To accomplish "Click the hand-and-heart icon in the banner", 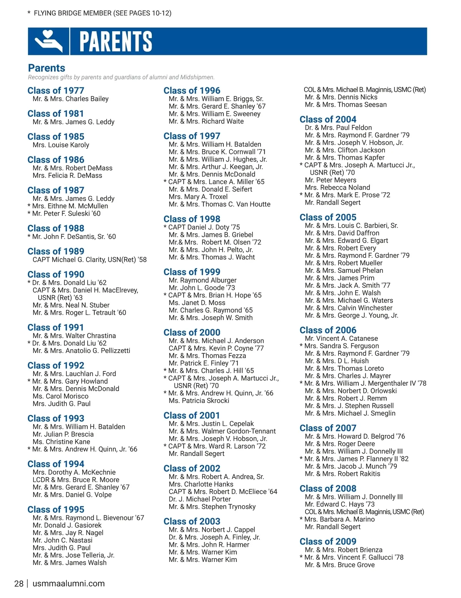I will tap(48, 41).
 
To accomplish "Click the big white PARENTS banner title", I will tap(116, 41).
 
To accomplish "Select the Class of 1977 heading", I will tap(56, 91).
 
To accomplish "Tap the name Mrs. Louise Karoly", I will tap(61, 145).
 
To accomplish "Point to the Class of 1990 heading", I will tap(56, 274).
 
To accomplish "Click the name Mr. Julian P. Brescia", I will tap(63, 434).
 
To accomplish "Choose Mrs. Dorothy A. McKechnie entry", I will tap(74, 472).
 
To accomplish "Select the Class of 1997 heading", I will tap(192, 136).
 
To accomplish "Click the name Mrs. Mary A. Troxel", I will tap(198, 197).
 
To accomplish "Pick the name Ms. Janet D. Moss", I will tap(197, 302).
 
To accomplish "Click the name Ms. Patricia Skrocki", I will tap(199, 400).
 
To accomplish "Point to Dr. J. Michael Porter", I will tap(199, 499).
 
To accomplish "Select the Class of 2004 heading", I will tap(328, 119).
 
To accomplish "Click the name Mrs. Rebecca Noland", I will tap(337, 187).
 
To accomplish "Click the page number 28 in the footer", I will tap(19, 583).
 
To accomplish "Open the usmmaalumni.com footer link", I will tap(68, 583).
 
